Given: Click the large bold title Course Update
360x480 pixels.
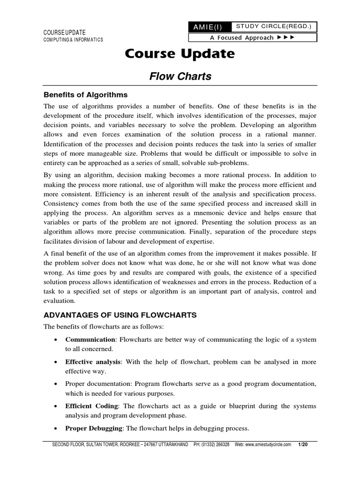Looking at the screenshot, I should pos(180,54).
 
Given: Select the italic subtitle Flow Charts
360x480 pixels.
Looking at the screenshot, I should pos(180,76).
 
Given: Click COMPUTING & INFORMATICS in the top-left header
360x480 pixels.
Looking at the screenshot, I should pos(73,40).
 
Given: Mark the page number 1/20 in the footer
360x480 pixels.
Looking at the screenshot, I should pos(309,444).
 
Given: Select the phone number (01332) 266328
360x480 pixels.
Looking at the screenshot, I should pos(217,444).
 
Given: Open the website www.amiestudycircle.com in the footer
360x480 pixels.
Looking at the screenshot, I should pos(269,444).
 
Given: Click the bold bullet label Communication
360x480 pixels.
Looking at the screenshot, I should pos(90,339).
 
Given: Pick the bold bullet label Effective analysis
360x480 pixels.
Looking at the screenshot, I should pos(93,362).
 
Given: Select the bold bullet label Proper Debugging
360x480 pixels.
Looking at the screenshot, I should pos(93,428).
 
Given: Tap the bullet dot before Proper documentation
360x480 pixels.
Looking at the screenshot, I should pos(56,384).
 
